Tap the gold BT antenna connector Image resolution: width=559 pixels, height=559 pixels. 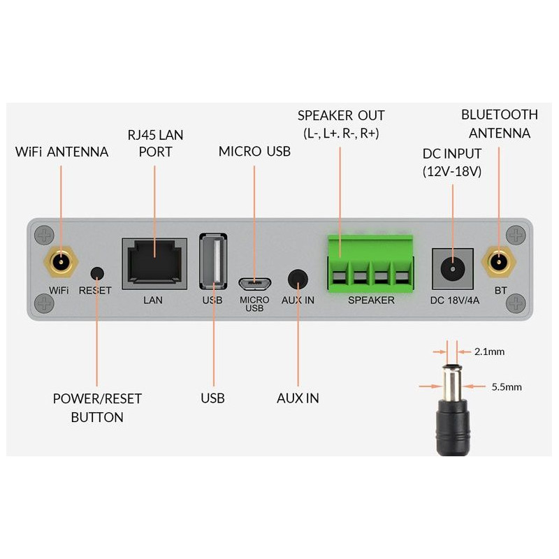pyautogui.click(x=499, y=263)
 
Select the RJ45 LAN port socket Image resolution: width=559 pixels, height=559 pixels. pyautogui.click(x=154, y=263)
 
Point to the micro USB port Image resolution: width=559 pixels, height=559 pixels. pyautogui.click(x=254, y=284)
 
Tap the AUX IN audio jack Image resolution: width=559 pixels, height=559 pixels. pyautogui.click(x=299, y=279)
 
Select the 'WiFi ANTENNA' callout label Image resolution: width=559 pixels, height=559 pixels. pyautogui.click(x=61, y=151)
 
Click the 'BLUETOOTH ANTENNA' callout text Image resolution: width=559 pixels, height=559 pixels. pyautogui.click(x=499, y=124)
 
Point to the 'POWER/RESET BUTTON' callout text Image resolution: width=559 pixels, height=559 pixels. pyautogui.click(x=97, y=408)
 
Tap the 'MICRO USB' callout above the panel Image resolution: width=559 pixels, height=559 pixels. pyautogui.click(x=254, y=151)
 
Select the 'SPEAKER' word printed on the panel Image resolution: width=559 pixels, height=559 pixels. pyautogui.click(x=371, y=300)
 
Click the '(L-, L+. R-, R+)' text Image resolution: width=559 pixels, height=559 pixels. pyautogui.click(x=341, y=133)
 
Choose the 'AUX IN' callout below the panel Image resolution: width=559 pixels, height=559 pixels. pyautogui.click(x=298, y=398)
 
